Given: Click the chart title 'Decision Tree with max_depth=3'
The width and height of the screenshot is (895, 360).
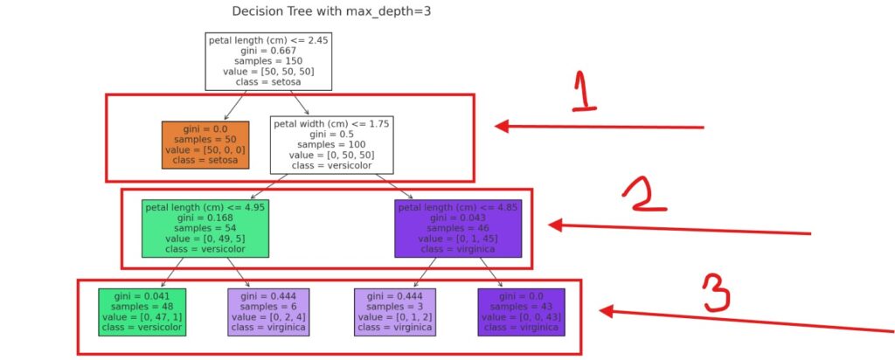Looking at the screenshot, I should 331,12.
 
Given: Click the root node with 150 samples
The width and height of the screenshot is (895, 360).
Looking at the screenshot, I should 268,61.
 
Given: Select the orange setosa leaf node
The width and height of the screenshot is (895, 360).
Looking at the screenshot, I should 205,145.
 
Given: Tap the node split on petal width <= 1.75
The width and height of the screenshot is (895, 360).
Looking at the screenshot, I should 331,145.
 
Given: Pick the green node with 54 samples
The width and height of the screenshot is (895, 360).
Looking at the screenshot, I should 205,228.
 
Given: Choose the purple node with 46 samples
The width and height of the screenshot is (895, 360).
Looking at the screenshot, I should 457,228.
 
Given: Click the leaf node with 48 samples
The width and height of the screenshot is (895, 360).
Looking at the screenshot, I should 142,311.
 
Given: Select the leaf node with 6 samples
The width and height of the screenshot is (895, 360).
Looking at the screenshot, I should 268,311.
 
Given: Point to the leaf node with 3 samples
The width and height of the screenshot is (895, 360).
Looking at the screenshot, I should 394,311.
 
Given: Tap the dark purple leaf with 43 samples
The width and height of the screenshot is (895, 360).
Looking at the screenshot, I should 520,311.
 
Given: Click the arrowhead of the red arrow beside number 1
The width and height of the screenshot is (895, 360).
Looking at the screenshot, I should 501,127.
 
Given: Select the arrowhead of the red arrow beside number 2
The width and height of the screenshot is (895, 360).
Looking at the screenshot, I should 554,225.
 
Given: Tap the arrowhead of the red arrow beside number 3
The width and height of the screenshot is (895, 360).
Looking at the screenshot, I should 605,311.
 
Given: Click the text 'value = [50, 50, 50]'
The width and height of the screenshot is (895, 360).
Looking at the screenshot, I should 268,72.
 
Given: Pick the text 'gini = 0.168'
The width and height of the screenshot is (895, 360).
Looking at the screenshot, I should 205,218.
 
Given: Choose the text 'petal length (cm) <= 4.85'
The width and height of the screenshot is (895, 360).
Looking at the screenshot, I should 457,208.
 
